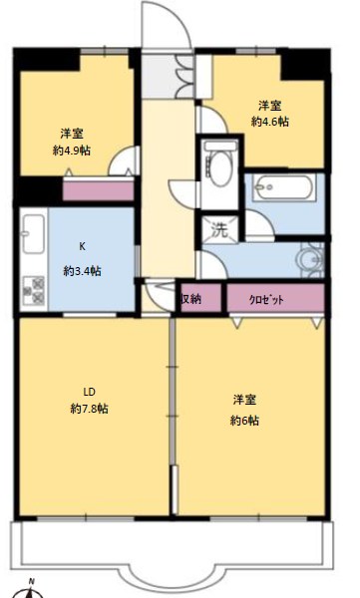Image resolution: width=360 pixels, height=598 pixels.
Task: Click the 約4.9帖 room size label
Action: coord(71,151)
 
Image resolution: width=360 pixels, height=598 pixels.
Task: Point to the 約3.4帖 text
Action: coord(82,270)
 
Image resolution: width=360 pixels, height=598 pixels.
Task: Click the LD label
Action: coord(88,390)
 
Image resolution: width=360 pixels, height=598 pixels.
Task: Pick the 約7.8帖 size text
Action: coord(89,409)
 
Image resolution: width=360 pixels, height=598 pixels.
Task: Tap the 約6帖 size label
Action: coord(244,419)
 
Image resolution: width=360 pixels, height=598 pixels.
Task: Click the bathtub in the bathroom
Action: coord(283,186)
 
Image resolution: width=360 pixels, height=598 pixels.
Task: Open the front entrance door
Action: coord(162,30)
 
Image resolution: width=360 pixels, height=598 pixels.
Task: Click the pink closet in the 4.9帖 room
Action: coord(98,190)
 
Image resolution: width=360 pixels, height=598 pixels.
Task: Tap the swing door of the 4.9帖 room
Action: coord(126,159)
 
